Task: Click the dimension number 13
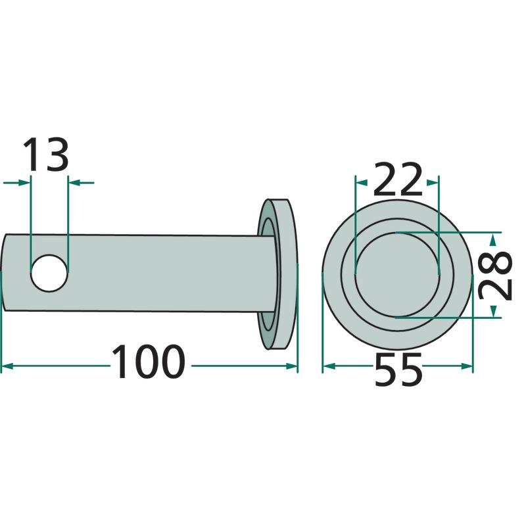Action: [46, 154]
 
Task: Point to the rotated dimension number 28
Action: [496, 275]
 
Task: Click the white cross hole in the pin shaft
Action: [49, 273]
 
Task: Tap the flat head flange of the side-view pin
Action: [283, 274]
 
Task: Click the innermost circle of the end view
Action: [397, 274]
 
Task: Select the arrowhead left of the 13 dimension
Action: [24, 183]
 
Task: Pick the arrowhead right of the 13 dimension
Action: [74, 183]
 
